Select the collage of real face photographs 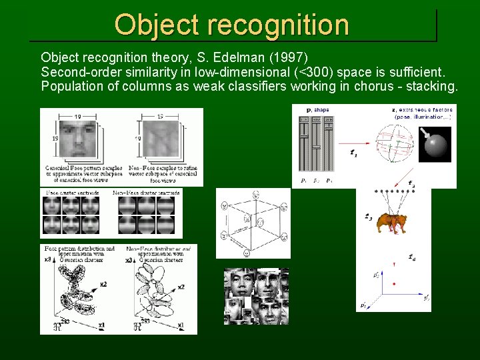tap(256, 296)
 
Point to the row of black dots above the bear tap(393, 191)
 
